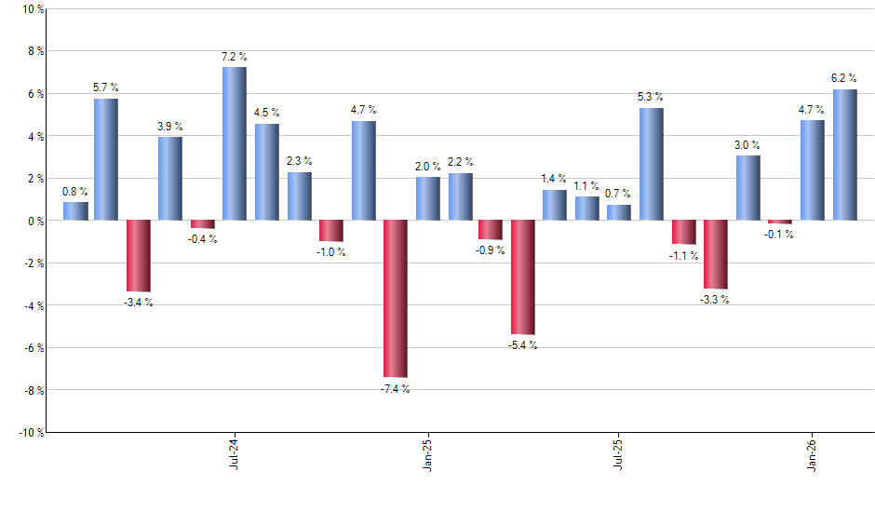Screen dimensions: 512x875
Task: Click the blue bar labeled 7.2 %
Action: pyautogui.click(x=235, y=144)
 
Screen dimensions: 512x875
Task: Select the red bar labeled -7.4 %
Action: pyautogui.click(x=395, y=299)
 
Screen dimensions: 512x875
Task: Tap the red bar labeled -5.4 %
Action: pyautogui.click(x=523, y=277)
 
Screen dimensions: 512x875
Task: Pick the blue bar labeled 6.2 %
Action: pyautogui.click(x=844, y=155)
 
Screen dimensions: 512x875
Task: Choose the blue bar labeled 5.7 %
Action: pyautogui.click(x=106, y=160)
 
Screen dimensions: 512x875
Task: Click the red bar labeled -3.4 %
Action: pyautogui.click(x=139, y=256)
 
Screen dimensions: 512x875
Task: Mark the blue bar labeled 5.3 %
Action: pyautogui.click(x=652, y=165)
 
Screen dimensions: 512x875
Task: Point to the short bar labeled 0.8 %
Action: pyautogui.click(x=75, y=211)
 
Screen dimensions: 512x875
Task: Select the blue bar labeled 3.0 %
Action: pyautogui.click(x=747, y=188)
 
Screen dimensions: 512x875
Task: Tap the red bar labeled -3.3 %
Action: pyautogui.click(x=716, y=255)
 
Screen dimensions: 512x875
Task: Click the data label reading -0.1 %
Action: pyautogui.click(x=779, y=235)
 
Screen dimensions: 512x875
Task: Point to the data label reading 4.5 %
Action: pyautogui.click(x=267, y=113)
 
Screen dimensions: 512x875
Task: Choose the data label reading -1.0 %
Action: pyautogui.click(x=330, y=252)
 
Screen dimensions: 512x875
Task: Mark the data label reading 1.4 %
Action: pyautogui.click(x=554, y=178)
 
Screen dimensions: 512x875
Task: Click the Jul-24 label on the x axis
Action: pyautogui.click(x=232, y=452)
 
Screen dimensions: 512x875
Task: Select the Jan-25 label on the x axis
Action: pyautogui.click(x=427, y=452)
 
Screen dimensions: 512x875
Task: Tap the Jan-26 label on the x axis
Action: pyautogui.click(x=813, y=452)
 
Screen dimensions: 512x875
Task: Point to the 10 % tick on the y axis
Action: pyautogui.click(x=32, y=9)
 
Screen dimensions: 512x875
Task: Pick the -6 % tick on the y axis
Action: pyautogui.click(x=32, y=348)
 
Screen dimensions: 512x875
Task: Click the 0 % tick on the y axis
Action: pyautogui.click(x=35, y=221)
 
